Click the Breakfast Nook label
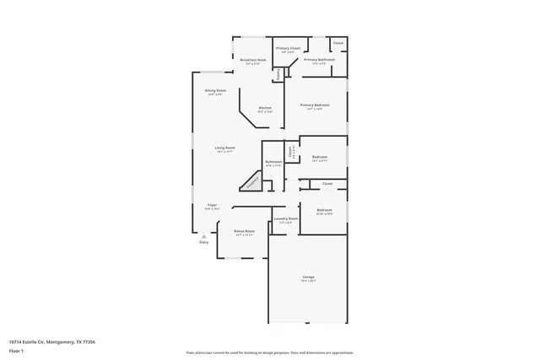point(253,61)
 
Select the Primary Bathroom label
point(320,60)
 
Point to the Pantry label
point(278,74)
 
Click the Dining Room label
point(215,90)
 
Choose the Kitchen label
point(265,109)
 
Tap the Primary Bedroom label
point(312,105)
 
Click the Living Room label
point(224,148)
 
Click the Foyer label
point(212,205)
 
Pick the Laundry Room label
point(287,219)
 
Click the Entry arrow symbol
point(203,236)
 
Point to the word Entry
point(203,243)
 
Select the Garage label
point(309,277)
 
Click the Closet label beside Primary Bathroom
point(337,42)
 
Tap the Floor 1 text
point(16,350)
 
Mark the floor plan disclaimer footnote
point(270,352)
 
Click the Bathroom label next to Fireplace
point(273,162)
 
